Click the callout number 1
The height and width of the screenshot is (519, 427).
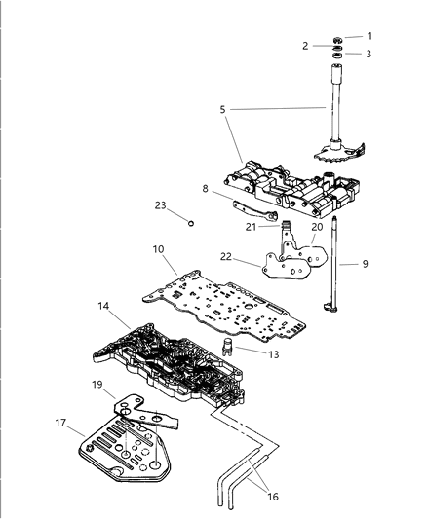coord(369,36)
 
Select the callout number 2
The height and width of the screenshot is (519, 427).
coord(305,46)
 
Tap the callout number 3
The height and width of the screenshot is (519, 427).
coord(369,55)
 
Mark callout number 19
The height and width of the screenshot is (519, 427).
coord(97,385)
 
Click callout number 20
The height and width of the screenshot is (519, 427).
coord(316,254)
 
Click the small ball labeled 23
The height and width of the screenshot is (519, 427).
coord(191,223)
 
